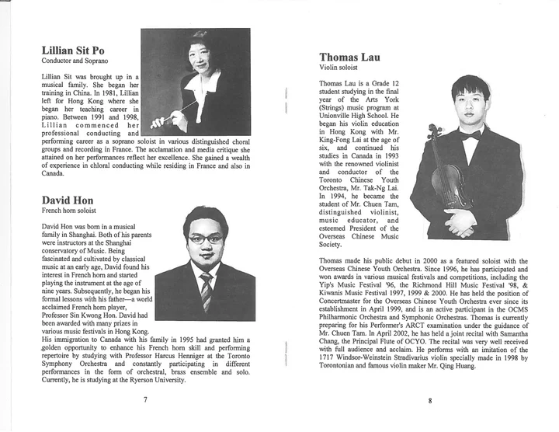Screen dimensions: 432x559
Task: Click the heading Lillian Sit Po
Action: point(80,51)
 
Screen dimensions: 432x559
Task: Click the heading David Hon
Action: point(68,200)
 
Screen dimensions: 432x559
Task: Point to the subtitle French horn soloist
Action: point(69,211)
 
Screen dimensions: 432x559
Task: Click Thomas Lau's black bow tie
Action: point(470,135)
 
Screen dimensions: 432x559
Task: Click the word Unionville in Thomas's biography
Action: point(342,113)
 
